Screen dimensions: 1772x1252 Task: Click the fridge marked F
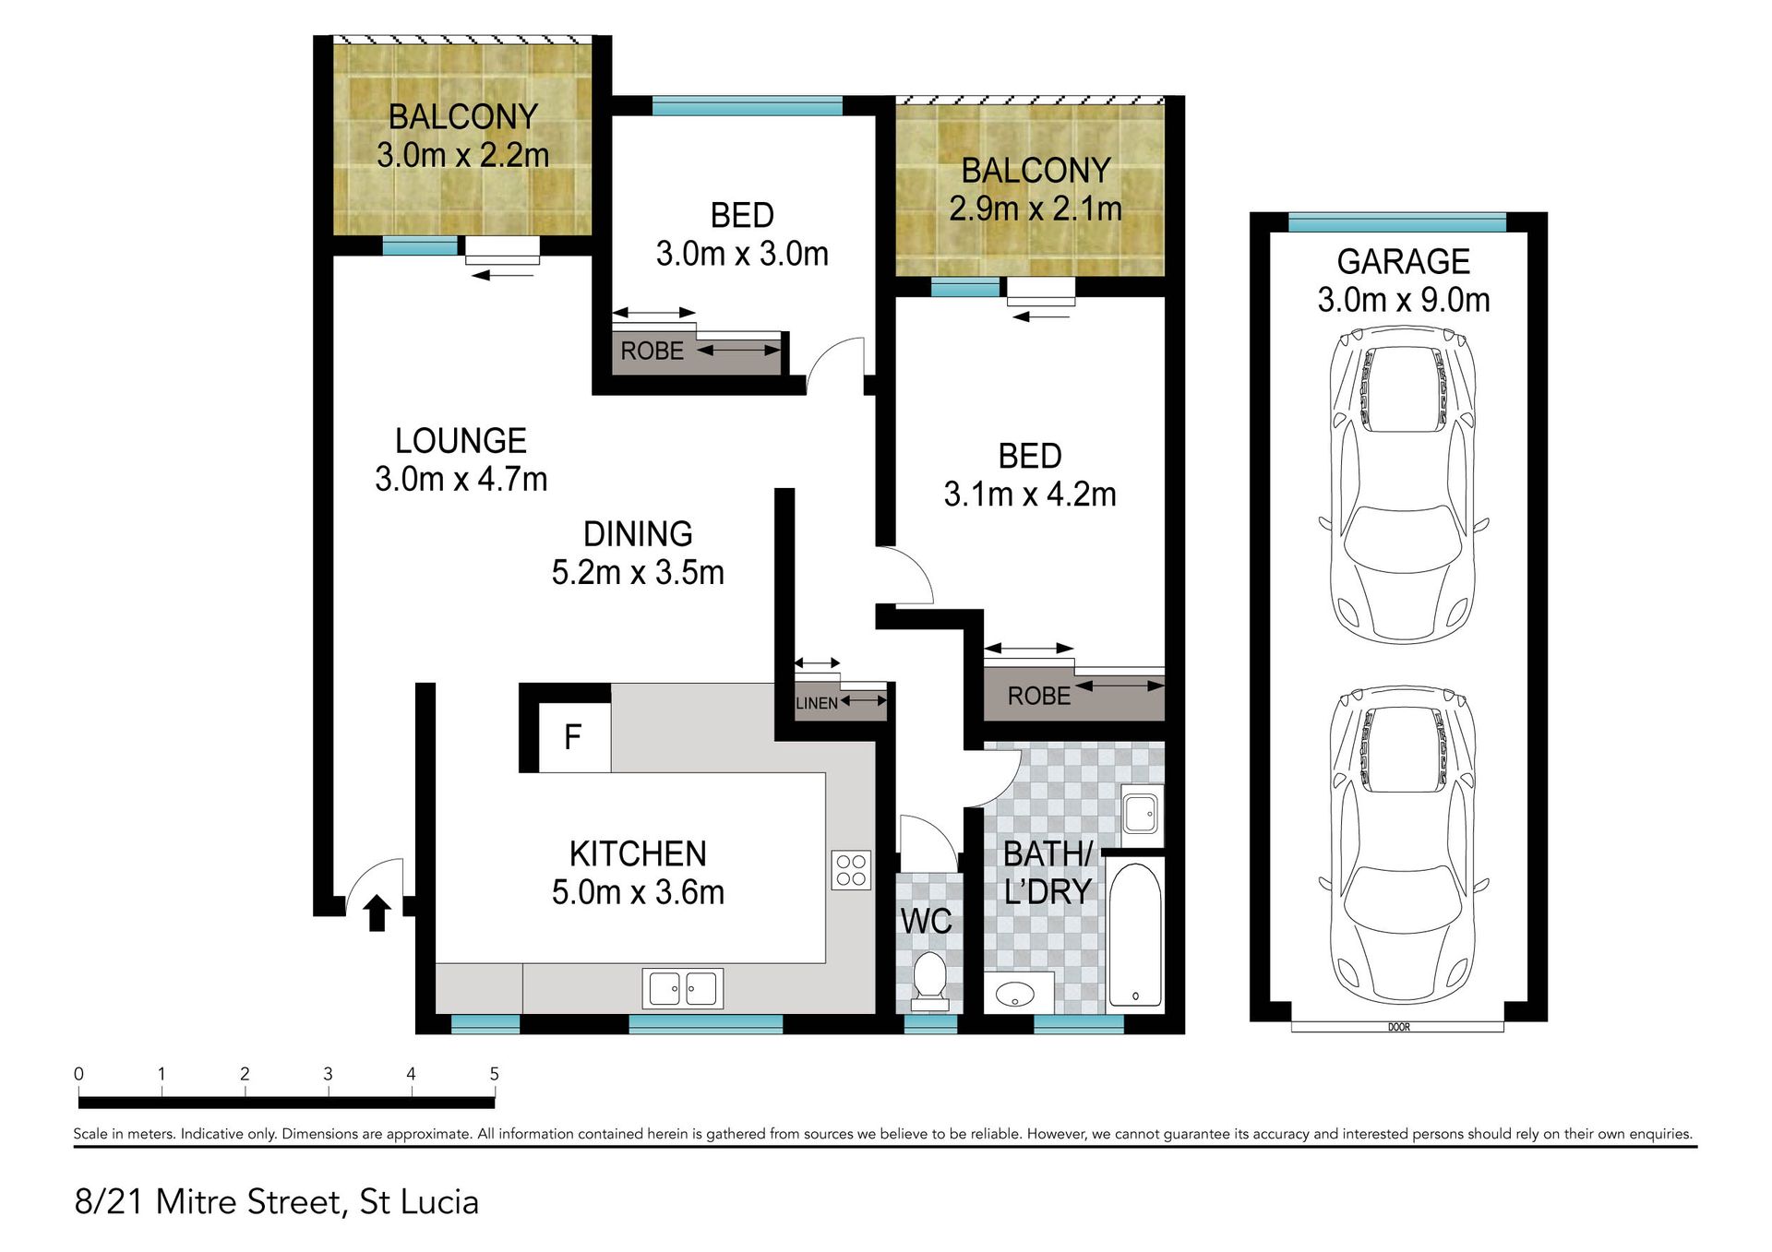click(x=574, y=737)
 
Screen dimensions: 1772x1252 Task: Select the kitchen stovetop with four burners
click(x=851, y=869)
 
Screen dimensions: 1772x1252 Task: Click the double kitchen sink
click(x=683, y=989)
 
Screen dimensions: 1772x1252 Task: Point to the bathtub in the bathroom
click(x=1134, y=935)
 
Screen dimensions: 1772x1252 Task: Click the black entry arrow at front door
click(x=377, y=912)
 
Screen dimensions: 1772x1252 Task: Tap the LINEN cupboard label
click(x=817, y=703)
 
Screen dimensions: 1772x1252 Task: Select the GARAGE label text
click(x=1403, y=262)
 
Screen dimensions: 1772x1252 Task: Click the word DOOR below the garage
click(x=1398, y=1027)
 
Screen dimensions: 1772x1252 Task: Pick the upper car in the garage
click(x=1404, y=484)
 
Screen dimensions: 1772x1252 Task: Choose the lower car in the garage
click(x=1404, y=845)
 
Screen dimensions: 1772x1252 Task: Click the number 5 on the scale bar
click(x=495, y=1074)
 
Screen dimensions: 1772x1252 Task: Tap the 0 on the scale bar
click(x=78, y=1074)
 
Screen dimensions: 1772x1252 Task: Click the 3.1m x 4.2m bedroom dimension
click(x=1030, y=495)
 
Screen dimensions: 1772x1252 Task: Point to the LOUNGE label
click(x=461, y=441)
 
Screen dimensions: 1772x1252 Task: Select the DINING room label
click(x=638, y=534)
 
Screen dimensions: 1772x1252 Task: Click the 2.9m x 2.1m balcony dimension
click(x=1036, y=209)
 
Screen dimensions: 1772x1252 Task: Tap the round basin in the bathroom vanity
click(x=1015, y=995)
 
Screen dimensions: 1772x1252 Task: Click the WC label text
click(x=927, y=921)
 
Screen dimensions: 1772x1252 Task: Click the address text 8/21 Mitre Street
click(x=208, y=1202)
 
